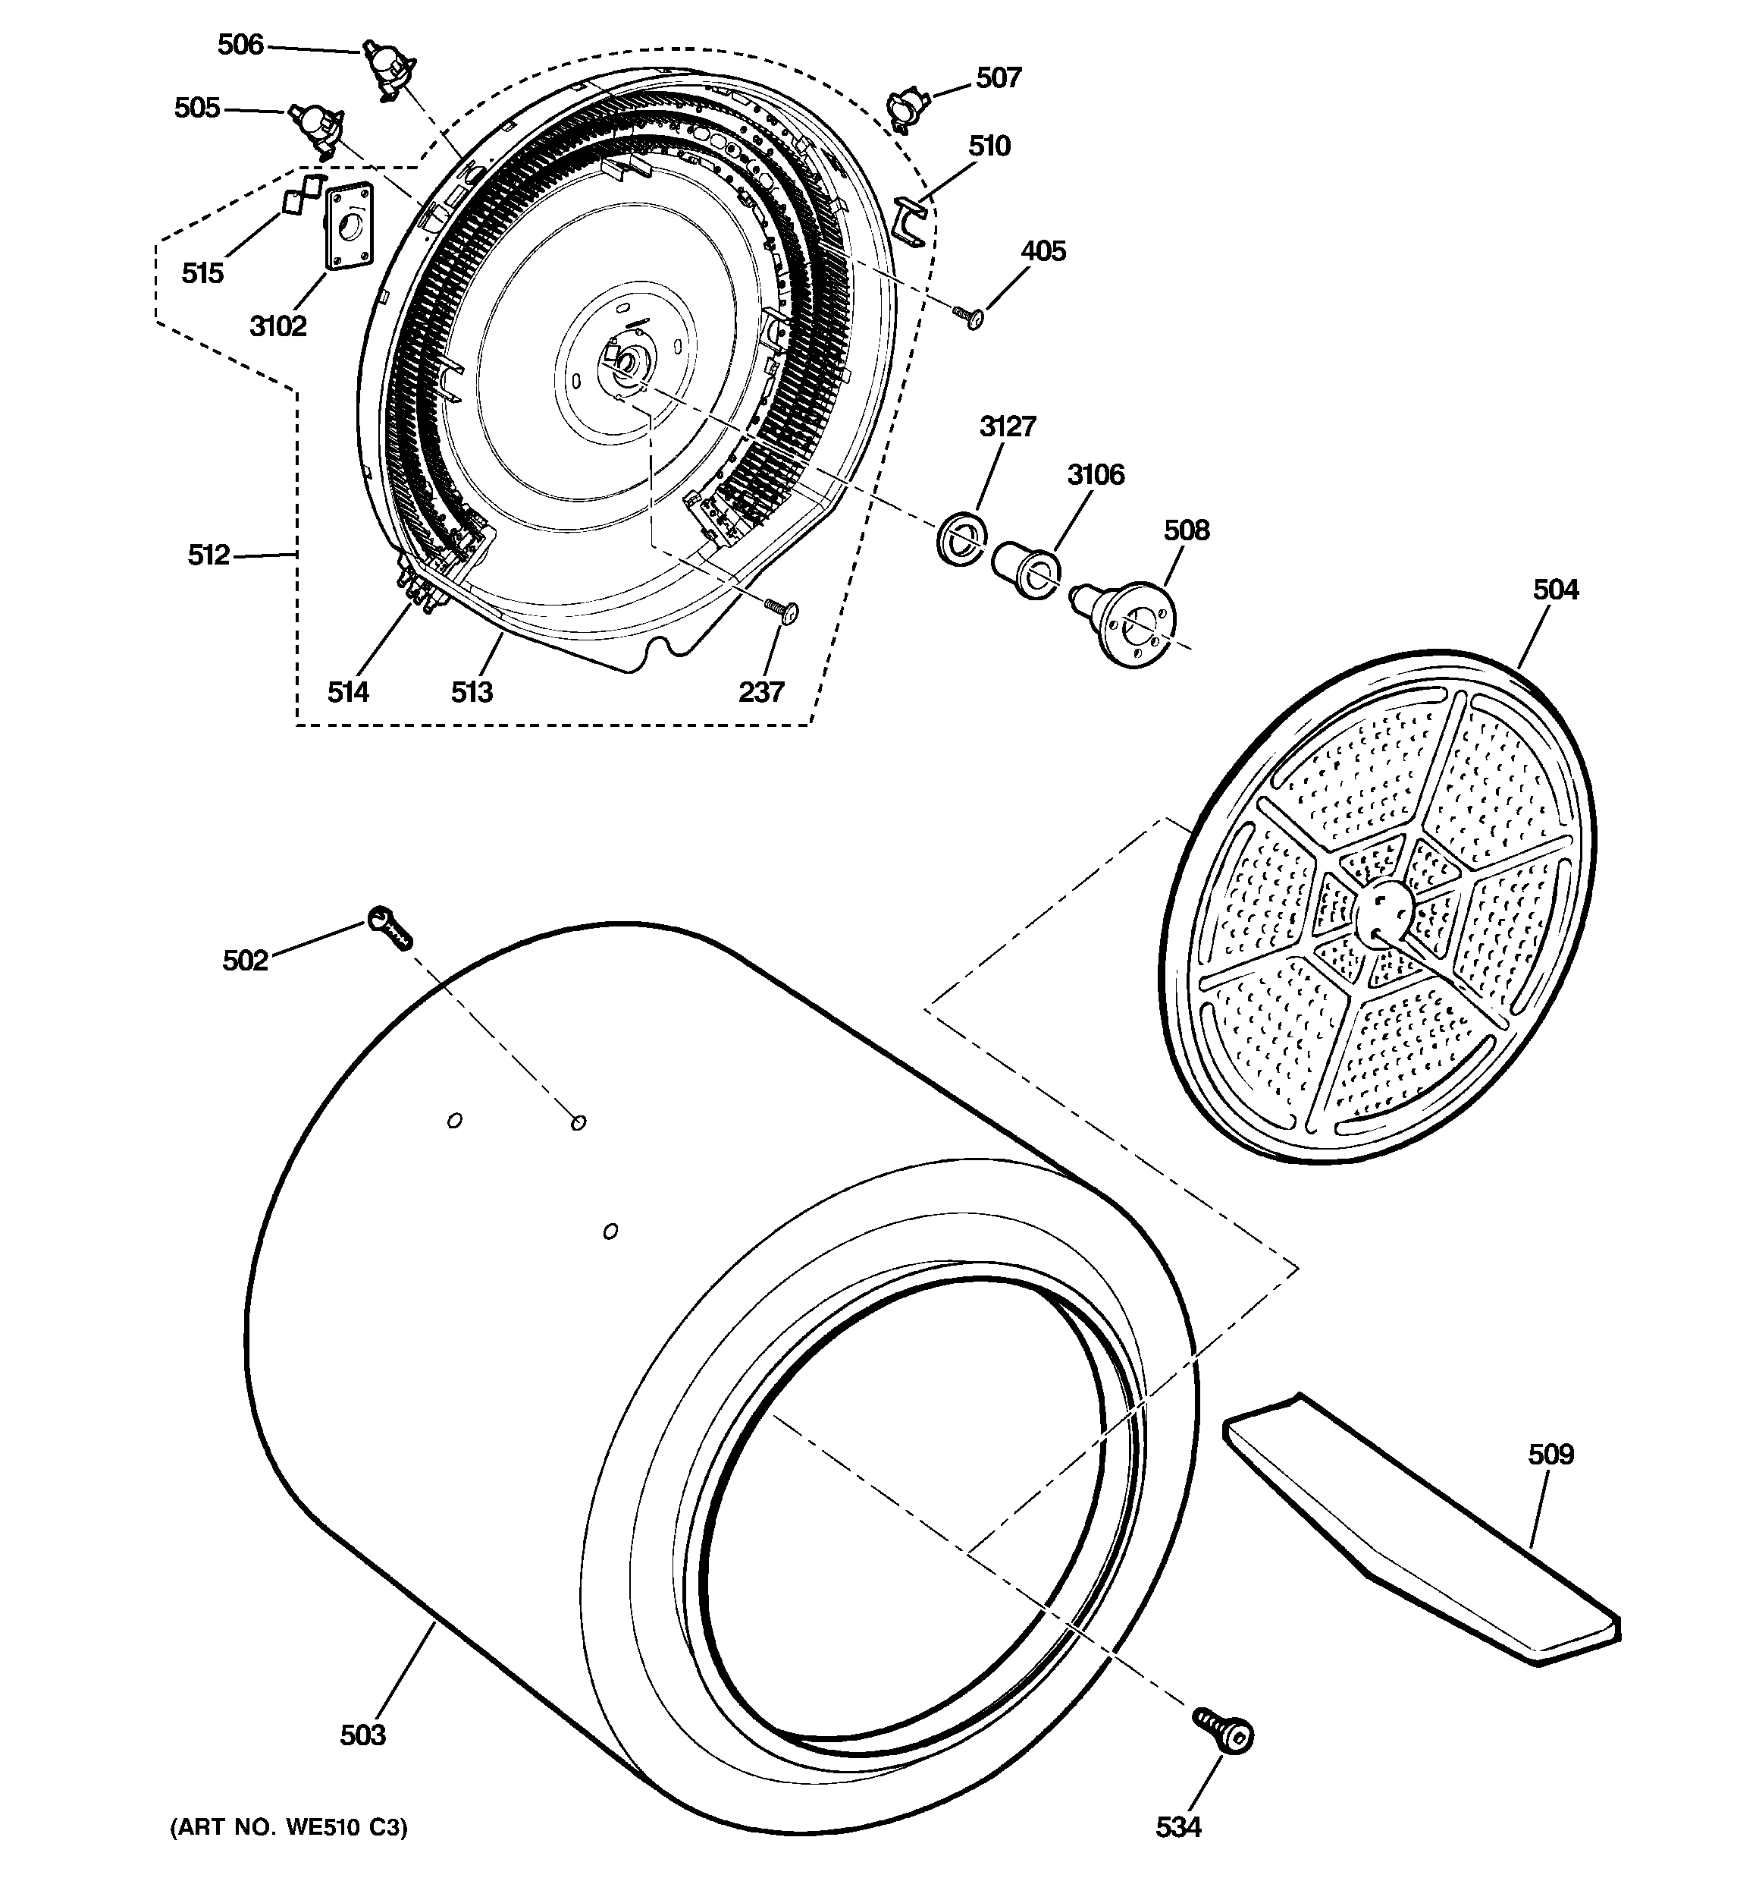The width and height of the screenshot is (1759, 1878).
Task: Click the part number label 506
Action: tap(241, 45)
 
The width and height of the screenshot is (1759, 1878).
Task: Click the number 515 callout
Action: tap(202, 273)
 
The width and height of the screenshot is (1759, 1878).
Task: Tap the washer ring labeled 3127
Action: tap(960, 540)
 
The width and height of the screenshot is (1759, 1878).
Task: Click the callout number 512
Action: tap(209, 555)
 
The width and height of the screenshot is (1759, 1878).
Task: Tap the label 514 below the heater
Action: tap(347, 693)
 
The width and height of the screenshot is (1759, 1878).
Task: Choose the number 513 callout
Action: tap(471, 693)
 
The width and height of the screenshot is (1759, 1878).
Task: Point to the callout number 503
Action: tap(362, 1735)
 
